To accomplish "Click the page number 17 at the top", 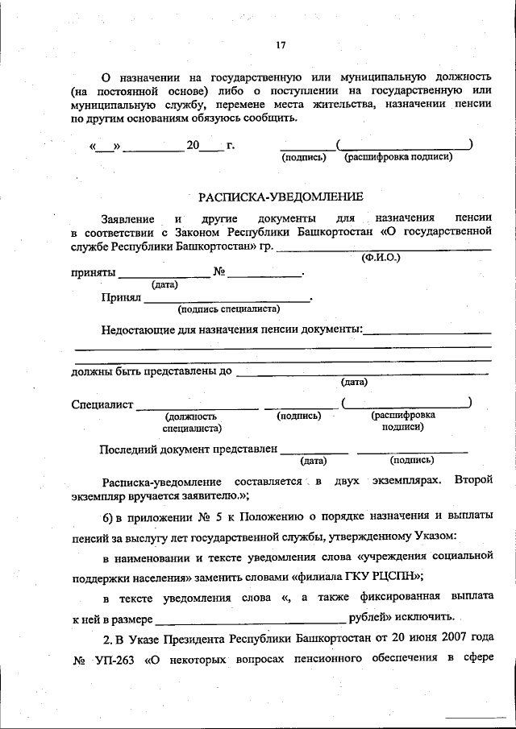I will [x=281, y=45].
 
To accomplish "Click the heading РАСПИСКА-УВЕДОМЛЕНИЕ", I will [x=281, y=196].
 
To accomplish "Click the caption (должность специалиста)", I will [x=191, y=422].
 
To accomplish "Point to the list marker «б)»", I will [x=110, y=513].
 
